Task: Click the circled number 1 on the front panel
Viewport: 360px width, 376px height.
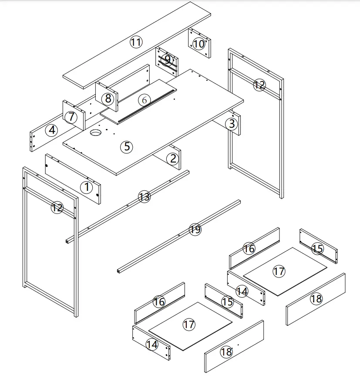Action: (x=87, y=188)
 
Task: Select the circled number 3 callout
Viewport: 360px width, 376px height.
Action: (x=232, y=124)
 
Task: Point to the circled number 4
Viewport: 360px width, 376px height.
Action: (x=52, y=130)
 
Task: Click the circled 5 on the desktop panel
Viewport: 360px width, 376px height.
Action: (x=127, y=146)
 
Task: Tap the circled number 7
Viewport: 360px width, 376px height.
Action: (x=72, y=116)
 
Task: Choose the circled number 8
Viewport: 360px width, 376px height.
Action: (x=108, y=98)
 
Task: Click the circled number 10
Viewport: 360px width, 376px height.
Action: (x=199, y=44)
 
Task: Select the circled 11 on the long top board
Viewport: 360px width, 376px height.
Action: (x=136, y=42)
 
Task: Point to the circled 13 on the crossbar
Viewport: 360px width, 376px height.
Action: (x=144, y=196)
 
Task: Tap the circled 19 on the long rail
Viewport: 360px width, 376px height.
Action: (x=195, y=229)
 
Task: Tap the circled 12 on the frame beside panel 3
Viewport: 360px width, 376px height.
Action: (x=259, y=85)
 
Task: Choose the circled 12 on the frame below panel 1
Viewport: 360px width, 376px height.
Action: (x=57, y=207)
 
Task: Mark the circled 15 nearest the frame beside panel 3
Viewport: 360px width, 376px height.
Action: (x=318, y=249)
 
